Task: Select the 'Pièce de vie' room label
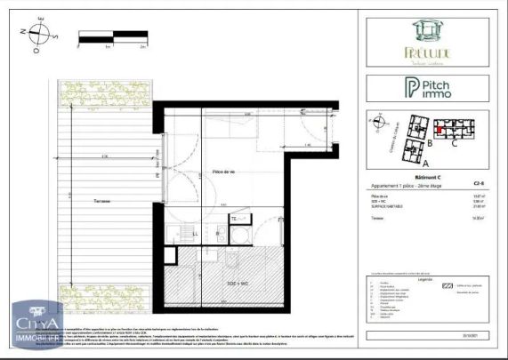(x=223, y=172)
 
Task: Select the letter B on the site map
(x=429, y=141)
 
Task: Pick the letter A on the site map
(x=425, y=164)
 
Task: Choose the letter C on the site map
(x=454, y=140)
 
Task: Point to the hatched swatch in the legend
(x=449, y=286)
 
